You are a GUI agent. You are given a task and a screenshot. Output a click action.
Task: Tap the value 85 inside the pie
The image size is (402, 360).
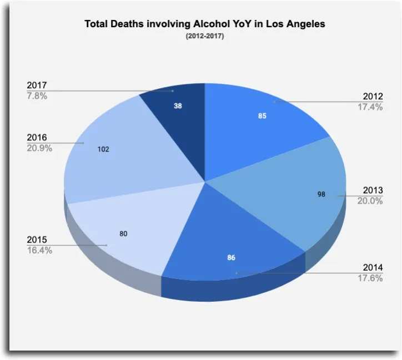[262, 116]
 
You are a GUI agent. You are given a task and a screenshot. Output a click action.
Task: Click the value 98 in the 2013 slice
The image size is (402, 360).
[321, 195]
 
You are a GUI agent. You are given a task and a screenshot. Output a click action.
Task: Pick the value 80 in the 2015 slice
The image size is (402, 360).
[123, 234]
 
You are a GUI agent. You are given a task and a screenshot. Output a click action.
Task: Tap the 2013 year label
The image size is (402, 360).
[373, 191]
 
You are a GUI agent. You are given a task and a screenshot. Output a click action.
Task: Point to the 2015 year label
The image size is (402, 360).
[37, 240]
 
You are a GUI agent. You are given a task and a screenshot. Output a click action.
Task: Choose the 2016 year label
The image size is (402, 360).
[37, 138]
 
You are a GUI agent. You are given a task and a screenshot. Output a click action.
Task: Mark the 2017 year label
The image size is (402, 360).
[37, 85]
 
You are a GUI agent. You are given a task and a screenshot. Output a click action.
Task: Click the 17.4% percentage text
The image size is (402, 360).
[370, 107]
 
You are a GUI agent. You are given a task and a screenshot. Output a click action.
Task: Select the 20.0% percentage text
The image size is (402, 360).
[370, 201]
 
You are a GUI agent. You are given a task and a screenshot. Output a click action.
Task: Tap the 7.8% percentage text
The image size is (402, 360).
[37, 95]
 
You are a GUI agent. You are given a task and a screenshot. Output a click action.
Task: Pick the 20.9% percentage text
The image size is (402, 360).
[39, 148]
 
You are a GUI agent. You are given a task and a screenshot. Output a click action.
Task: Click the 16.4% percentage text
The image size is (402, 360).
[39, 250]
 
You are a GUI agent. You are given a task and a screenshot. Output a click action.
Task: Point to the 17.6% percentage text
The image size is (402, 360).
[370, 278]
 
